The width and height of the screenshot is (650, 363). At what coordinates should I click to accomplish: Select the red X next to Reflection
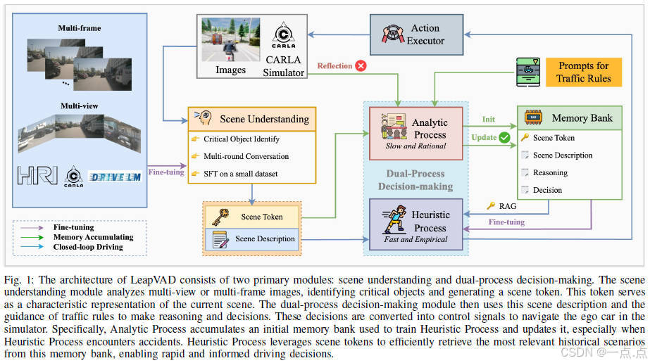click(361, 66)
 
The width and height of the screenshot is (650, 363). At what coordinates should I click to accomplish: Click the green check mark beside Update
click(504, 138)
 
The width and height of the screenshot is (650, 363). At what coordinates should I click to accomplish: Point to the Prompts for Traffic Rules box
click(584, 72)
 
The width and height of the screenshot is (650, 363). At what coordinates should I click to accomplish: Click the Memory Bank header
click(570, 118)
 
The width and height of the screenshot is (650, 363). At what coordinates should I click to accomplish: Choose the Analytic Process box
click(416, 134)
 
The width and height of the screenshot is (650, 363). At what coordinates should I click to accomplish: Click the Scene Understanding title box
click(251, 119)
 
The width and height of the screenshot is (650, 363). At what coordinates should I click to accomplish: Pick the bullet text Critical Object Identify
click(242, 139)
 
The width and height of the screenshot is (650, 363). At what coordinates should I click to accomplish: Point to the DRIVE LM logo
click(115, 176)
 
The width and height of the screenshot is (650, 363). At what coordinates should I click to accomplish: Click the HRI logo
click(37, 176)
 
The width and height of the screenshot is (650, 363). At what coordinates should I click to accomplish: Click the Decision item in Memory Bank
click(547, 190)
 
